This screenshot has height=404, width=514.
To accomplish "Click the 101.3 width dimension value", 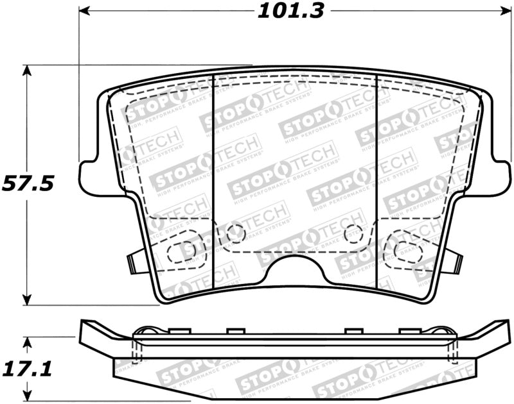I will tap(291, 12).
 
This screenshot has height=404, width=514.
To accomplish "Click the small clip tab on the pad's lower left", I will tap(133, 262).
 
